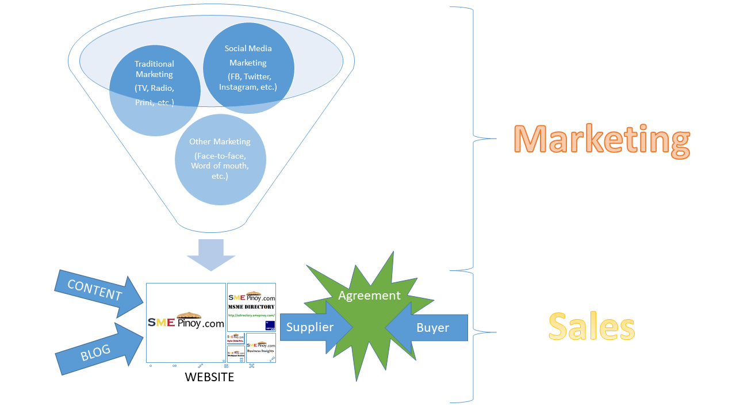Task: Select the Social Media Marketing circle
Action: (248, 67)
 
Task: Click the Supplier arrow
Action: (313, 328)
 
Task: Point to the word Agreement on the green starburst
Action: (369, 296)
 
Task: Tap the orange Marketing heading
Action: (601, 140)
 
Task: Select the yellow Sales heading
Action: (592, 327)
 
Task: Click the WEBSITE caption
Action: (209, 377)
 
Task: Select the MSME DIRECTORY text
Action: (251, 307)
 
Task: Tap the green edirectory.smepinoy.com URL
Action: (251, 315)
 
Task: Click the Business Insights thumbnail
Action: (261, 347)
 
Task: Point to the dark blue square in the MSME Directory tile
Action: (270, 325)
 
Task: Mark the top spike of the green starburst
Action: (393, 254)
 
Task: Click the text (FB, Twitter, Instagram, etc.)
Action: (248, 82)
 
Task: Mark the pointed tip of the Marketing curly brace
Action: (494, 139)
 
